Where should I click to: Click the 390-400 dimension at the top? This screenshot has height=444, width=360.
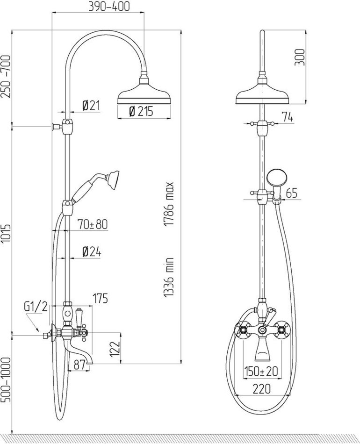coord(109,6)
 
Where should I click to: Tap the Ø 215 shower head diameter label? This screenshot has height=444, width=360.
coord(141,111)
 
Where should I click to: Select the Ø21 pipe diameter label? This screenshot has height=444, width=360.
coord(91,106)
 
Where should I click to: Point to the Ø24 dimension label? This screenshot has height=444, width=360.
coord(92,252)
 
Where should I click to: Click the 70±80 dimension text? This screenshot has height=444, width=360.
coord(92,224)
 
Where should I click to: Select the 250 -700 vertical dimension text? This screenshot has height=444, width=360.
coord(6,77)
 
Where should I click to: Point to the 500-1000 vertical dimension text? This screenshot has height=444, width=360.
coord(6,380)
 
